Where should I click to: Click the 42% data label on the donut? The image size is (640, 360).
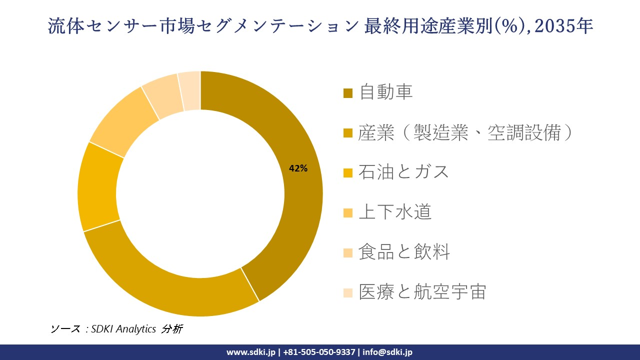[x=298, y=169]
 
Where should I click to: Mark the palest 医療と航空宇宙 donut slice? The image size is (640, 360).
[x=190, y=90]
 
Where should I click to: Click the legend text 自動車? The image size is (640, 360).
[x=386, y=92]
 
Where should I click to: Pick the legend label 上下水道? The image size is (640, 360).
[x=395, y=212]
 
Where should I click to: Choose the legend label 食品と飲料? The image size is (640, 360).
[x=404, y=252]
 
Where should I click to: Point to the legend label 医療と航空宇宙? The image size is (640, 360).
[x=422, y=292]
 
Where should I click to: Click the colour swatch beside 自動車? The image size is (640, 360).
[x=348, y=93]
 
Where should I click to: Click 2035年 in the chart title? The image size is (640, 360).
[x=564, y=26]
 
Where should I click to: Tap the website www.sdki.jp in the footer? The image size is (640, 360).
[x=251, y=352]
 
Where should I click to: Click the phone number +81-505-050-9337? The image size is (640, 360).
[x=319, y=352]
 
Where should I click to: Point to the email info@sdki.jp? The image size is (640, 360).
[x=387, y=352]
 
